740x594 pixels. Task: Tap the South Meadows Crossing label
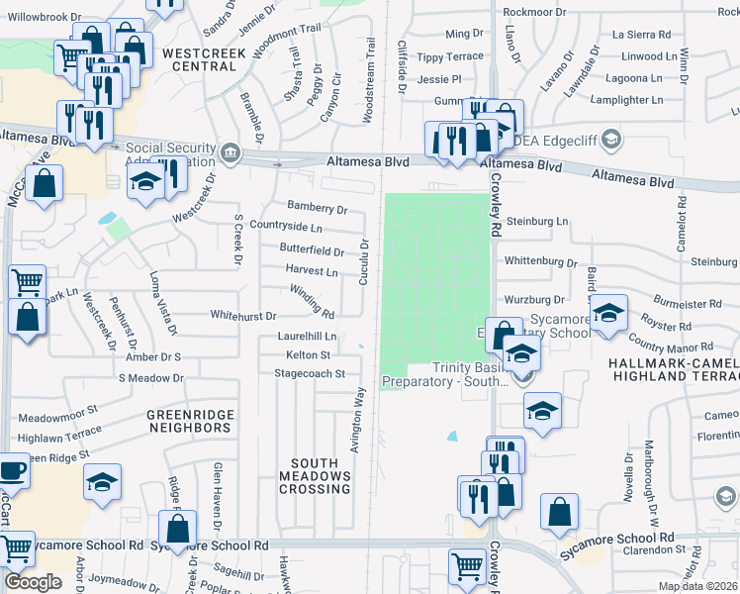(x=321, y=476)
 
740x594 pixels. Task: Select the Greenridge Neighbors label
(x=189, y=421)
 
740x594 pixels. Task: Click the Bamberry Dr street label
(x=318, y=209)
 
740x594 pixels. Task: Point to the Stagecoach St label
(x=310, y=374)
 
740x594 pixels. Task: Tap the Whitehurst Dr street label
(x=242, y=315)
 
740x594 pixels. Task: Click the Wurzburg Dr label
(x=533, y=299)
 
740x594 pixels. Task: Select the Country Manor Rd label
(x=672, y=346)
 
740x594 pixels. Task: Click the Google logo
(x=33, y=582)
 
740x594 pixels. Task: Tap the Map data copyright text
(x=697, y=586)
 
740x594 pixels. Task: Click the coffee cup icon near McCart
(x=12, y=471)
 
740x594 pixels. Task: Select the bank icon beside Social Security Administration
(x=231, y=151)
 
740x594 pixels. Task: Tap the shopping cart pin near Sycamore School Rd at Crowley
(x=466, y=565)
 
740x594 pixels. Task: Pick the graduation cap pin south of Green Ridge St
(x=102, y=482)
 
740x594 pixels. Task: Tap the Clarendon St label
(x=649, y=548)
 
